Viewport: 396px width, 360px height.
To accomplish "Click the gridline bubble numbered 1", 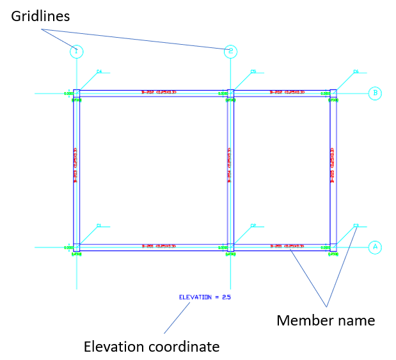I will (x=76, y=51).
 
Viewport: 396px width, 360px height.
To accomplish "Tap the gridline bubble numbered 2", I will (x=230, y=51).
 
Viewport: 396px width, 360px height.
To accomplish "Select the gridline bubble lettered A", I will (x=376, y=247).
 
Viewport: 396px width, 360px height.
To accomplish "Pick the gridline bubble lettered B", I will (x=376, y=93).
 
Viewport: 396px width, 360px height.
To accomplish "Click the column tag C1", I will (x=99, y=225).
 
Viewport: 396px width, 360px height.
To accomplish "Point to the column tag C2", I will (x=253, y=225).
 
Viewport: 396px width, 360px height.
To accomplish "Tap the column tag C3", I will (x=356, y=225).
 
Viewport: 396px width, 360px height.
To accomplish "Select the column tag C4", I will (x=99, y=71).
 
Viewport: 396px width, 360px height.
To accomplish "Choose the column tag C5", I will (x=253, y=71).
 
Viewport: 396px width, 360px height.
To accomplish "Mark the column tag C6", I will (x=356, y=71).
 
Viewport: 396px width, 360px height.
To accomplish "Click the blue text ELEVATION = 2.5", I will (x=205, y=297).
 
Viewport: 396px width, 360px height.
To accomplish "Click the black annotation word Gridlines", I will (x=40, y=15).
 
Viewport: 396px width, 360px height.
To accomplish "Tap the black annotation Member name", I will (x=326, y=320).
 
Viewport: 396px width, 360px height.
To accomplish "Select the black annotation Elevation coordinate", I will (x=152, y=347).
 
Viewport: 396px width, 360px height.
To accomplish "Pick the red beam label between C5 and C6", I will (x=285, y=92).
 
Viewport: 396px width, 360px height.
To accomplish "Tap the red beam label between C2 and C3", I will (x=286, y=246).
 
